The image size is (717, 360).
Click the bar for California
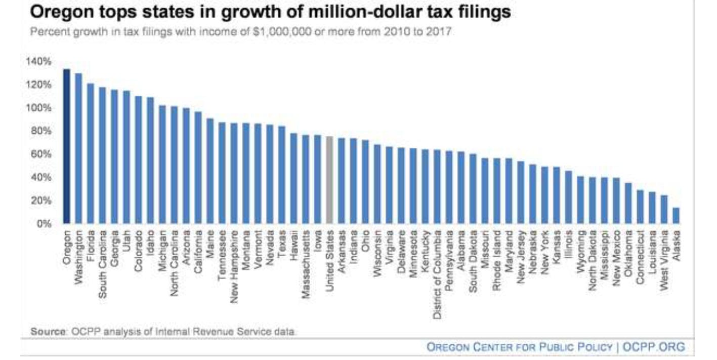coord(198,167)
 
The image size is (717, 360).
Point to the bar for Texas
coord(282,174)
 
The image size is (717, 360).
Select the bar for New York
coord(544,194)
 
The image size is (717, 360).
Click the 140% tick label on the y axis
coord(38,61)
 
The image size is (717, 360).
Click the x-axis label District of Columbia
coord(437,275)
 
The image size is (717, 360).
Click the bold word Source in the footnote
coord(48,332)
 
